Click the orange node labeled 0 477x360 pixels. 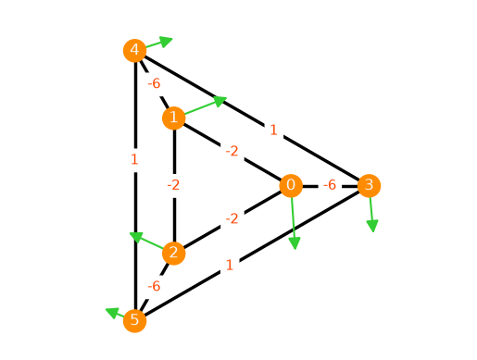click(x=291, y=185)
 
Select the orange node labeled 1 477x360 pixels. click(x=174, y=118)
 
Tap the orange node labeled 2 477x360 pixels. click(x=174, y=253)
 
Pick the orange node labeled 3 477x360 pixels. click(x=369, y=185)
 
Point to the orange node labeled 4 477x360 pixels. click(x=134, y=50)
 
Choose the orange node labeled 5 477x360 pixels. click(x=134, y=320)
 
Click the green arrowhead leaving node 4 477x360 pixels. click(x=166, y=42)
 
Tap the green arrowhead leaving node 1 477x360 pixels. click(x=220, y=101)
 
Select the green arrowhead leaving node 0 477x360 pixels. click(x=295, y=243)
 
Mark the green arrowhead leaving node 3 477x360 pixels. click(x=372, y=226)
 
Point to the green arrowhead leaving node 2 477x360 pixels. click(x=136, y=237)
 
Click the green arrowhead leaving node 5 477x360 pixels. click(x=112, y=312)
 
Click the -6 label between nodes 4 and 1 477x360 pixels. click(x=154, y=83)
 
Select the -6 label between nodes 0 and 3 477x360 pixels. click(x=330, y=185)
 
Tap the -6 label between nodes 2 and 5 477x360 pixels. click(x=154, y=286)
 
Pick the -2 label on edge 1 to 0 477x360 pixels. click(x=232, y=151)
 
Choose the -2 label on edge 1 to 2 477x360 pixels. click(x=173, y=185)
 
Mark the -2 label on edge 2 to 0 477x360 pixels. click(x=232, y=219)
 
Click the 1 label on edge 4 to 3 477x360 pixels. click(x=273, y=130)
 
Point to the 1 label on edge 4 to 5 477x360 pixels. click(x=134, y=159)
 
